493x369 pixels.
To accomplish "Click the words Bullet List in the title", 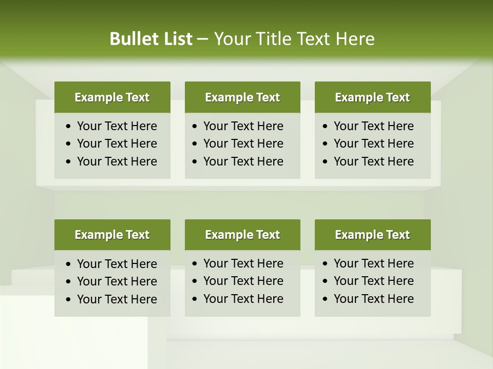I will tap(151, 39).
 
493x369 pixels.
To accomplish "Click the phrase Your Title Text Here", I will tap(294, 39).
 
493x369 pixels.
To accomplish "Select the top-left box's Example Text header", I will tap(112, 97).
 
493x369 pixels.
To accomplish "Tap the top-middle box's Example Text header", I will tap(242, 97).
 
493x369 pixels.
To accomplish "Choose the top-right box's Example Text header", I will tap(372, 97).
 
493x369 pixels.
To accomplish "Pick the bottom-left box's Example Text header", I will tap(112, 235).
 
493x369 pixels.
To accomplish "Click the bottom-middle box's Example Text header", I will tap(242, 235).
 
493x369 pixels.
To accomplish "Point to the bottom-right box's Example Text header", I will tap(372, 235).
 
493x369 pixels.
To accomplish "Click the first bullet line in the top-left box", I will tap(117, 126).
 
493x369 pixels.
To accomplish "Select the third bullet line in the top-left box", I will tap(117, 161).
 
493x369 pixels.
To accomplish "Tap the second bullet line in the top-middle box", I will tap(243, 143).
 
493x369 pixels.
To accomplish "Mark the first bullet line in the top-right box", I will tap(373, 126).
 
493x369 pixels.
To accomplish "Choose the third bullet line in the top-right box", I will tap(373, 161).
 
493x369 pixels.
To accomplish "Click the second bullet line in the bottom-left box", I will tap(117, 281).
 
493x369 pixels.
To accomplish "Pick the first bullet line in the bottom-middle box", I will tap(243, 263).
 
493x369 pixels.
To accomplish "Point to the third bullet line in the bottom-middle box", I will tap(243, 299).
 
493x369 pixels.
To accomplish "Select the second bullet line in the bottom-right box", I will tap(373, 281).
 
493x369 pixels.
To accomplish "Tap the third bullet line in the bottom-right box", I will tap(373, 299).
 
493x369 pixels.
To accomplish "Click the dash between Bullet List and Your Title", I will tap(203, 39).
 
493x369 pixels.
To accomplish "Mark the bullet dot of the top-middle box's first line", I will tap(195, 127).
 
